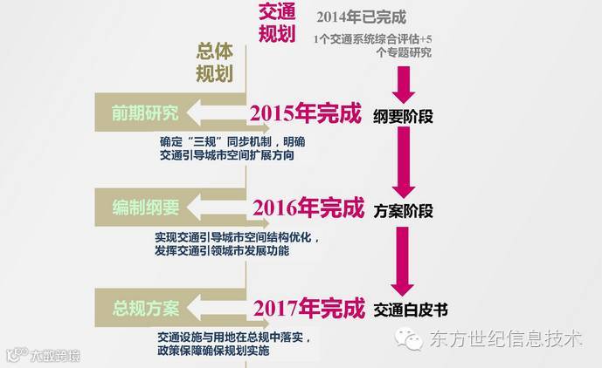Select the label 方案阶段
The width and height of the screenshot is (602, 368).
coord(403,210)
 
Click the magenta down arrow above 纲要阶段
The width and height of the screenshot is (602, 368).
coord(404,85)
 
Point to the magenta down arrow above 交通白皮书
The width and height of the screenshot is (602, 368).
coord(403,262)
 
